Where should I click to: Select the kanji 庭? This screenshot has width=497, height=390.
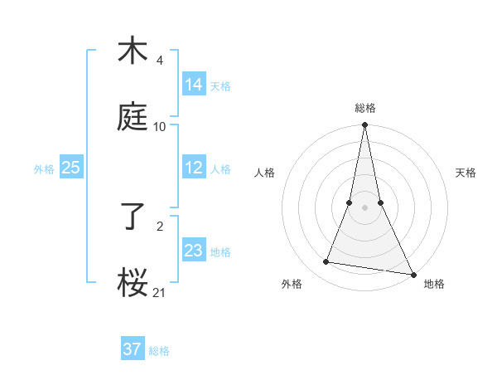[x=133, y=118]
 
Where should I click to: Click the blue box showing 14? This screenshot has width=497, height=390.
[x=193, y=85]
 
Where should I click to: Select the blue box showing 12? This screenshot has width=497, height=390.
[x=193, y=168]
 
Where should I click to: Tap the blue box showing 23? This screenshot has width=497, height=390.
[x=193, y=251]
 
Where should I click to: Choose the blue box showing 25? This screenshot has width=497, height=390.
[x=70, y=168]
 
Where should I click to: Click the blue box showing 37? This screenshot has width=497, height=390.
[x=132, y=349]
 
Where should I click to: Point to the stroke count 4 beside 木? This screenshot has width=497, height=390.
[x=159, y=61]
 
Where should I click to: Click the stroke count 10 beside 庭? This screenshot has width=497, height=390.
[x=160, y=126]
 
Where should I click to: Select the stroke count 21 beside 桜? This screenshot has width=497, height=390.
[x=160, y=292]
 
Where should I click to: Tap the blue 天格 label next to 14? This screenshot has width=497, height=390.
[x=220, y=85]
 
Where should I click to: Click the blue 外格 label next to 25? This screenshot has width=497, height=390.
[x=44, y=168]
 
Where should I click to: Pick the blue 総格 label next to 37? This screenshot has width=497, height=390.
[x=159, y=350]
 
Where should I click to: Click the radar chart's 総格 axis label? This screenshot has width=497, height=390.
[x=364, y=108]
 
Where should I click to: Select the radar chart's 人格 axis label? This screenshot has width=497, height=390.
[x=264, y=173]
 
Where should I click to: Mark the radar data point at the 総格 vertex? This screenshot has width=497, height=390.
[x=364, y=125]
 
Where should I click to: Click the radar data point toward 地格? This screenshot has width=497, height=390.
[x=413, y=274]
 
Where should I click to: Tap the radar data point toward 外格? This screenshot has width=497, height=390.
[x=326, y=262]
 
